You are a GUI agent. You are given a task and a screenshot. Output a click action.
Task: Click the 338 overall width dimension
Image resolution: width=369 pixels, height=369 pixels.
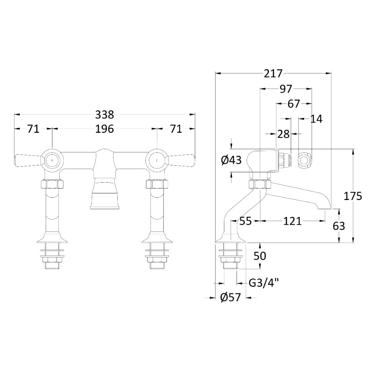coord(104,115)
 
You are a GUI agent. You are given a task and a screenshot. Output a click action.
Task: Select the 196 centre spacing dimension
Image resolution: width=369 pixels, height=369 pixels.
coord(104,129)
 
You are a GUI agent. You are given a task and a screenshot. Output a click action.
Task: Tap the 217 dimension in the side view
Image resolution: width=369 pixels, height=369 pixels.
coord(273,74)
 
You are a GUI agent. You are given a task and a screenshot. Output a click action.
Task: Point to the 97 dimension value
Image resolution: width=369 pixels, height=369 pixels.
coord(286,89)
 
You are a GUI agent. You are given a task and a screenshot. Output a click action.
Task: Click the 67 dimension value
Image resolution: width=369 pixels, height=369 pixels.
coord(294,104)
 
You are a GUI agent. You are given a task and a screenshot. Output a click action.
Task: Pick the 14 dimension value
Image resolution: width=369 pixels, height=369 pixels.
coord(316,119)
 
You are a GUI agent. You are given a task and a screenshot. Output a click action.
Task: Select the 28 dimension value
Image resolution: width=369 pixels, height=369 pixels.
coord(283,134)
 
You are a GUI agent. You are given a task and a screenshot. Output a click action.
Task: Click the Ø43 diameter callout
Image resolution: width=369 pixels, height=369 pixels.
coord(232,161)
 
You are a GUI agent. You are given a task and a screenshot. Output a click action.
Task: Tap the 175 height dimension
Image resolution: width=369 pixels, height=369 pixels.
coord(352,196)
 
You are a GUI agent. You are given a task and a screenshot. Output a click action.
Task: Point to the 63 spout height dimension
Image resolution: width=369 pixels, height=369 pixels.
coord(339,226)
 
